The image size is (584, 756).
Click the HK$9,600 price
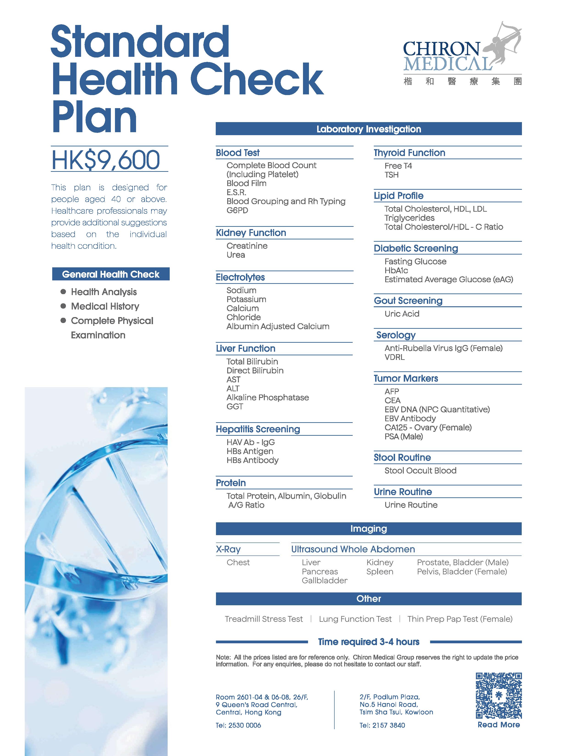106,160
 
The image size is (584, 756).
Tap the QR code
499,696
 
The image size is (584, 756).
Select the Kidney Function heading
251,233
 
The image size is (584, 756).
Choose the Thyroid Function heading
409,153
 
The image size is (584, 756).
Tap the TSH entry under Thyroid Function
392,175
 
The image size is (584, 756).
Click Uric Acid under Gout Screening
402,314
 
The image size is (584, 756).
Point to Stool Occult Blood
420,470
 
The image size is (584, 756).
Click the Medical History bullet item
105,306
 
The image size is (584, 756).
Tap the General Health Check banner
111,274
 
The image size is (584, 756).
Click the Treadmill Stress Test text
264,619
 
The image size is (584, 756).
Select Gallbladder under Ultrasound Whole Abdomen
325,581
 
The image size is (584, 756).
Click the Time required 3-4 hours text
368,642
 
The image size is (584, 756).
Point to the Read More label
499,724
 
